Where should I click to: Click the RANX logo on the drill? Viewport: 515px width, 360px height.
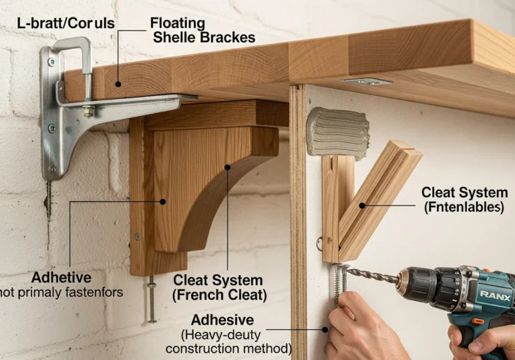[495, 296]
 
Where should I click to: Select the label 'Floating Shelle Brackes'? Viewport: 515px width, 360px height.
[203, 30]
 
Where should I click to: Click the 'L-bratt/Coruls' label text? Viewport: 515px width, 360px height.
[66, 23]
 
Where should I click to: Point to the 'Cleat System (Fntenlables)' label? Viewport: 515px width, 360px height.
[465, 200]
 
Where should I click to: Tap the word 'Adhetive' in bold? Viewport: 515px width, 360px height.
[62, 278]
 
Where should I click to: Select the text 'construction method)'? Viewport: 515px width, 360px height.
[229, 349]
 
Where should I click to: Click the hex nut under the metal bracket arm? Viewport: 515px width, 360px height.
[89, 111]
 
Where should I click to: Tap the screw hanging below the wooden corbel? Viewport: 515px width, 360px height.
[151, 299]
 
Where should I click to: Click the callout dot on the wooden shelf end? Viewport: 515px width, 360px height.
[118, 84]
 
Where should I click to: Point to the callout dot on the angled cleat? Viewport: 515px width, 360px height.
[362, 206]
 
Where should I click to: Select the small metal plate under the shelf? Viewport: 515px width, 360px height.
[366, 81]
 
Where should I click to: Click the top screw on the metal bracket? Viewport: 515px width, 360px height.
[52, 62]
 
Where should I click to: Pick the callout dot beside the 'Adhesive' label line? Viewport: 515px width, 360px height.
[325, 329]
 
